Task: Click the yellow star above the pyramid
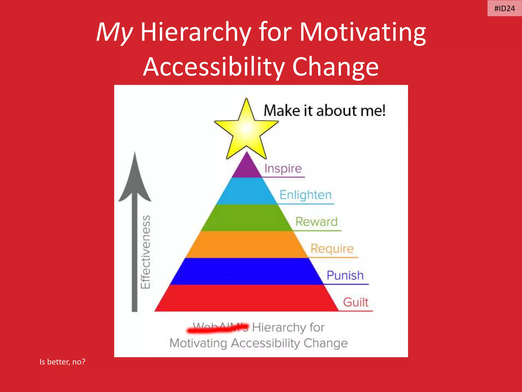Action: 246,129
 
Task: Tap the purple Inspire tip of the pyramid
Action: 247,168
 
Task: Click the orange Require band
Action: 247,244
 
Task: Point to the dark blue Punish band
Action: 247,271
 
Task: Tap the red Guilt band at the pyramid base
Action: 247,298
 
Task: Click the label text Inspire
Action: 283,168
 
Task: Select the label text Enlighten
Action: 305,195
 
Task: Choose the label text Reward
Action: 316,222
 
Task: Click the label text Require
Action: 332,249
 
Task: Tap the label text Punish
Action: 345,275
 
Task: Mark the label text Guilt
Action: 356,302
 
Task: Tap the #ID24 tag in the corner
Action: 504,8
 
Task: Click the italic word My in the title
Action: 114,32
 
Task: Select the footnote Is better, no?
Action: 62,362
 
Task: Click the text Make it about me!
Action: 324,111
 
